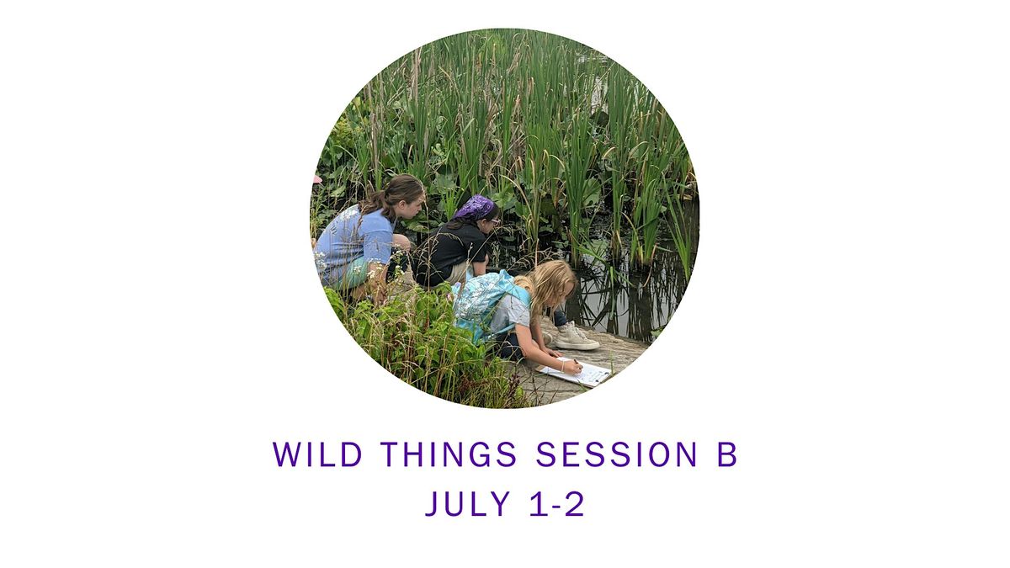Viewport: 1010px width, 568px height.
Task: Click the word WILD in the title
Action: [318, 454]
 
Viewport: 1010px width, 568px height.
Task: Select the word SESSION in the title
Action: [616, 454]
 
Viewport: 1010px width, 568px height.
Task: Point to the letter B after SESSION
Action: [727, 454]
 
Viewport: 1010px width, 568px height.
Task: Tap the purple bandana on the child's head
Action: [475, 208]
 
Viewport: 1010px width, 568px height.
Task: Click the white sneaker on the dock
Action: [576, 337]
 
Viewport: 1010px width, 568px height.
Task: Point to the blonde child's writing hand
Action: [573, 367]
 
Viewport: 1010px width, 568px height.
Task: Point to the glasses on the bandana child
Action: [494, 220]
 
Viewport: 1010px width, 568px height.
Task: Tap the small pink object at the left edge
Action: [317, 179]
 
